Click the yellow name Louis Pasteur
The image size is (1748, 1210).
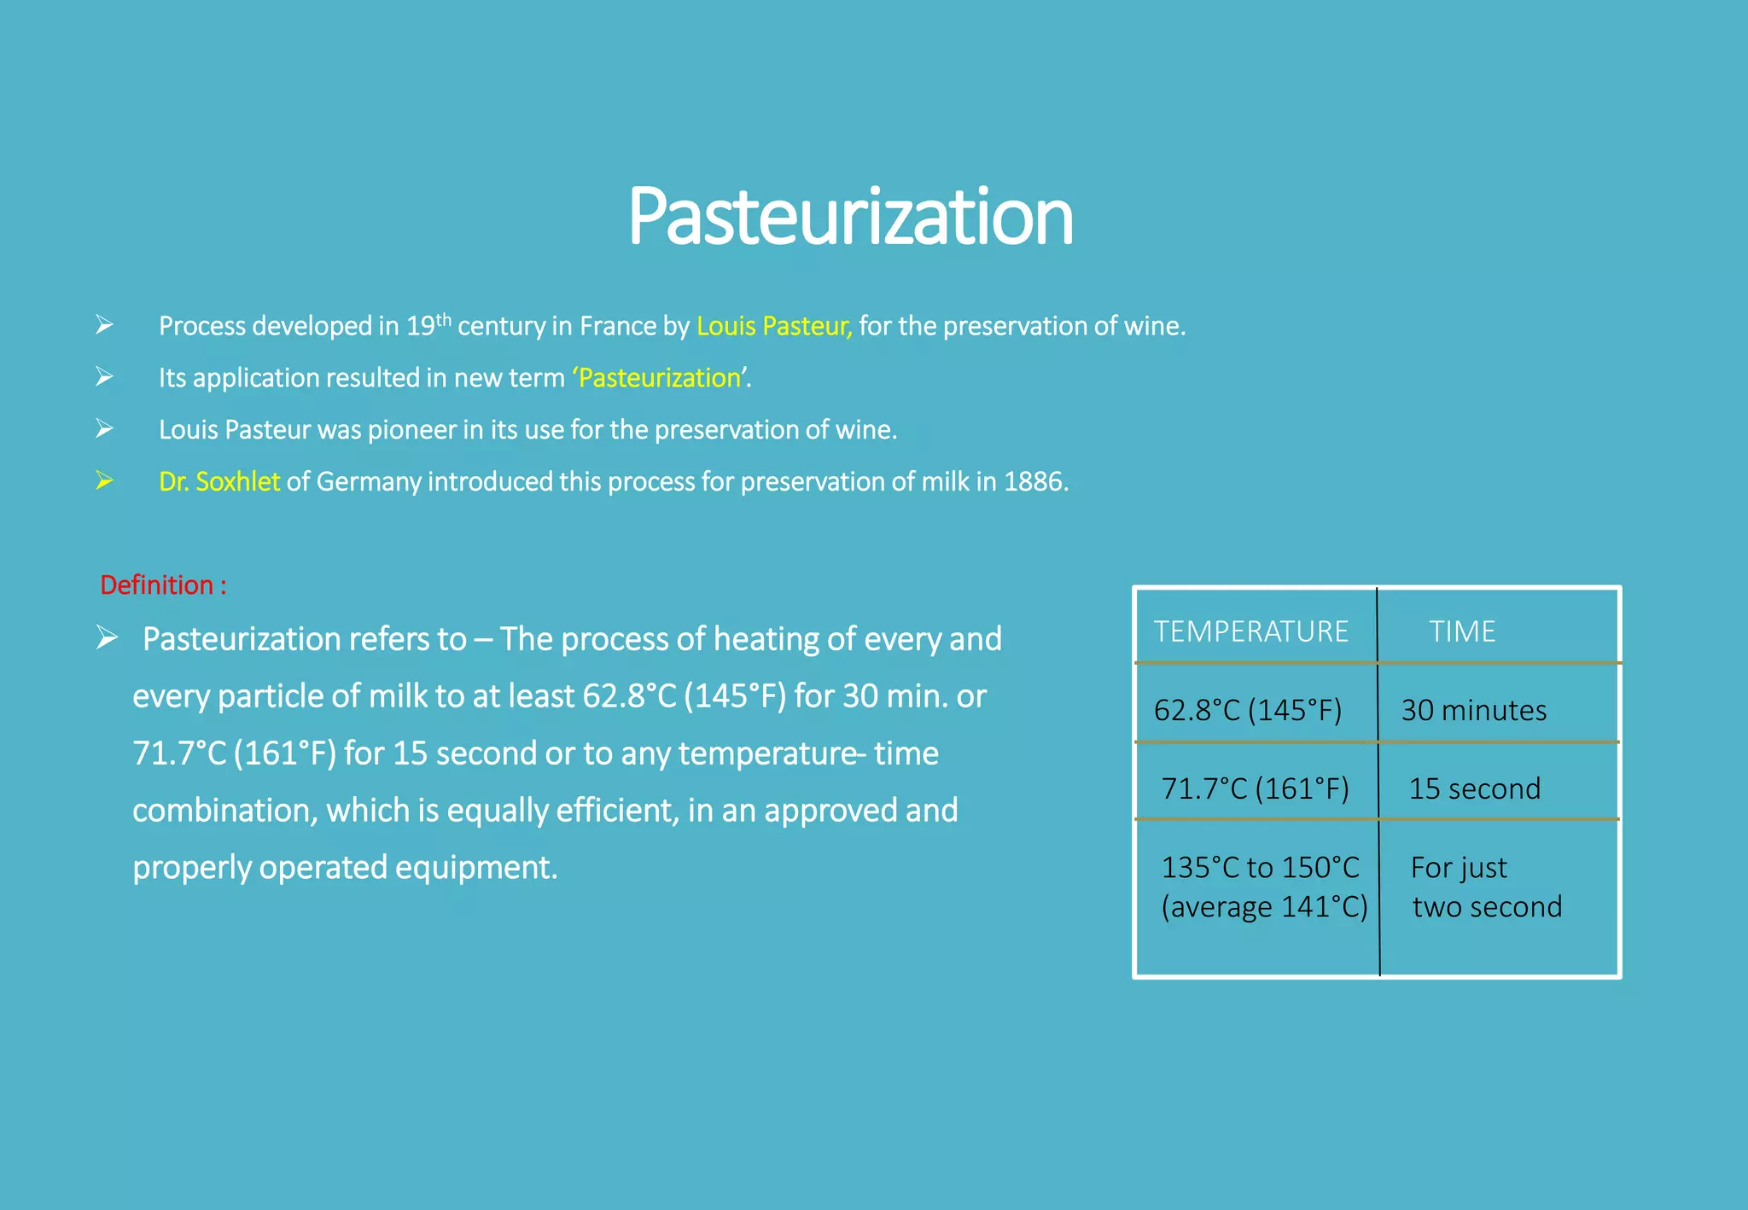click(773, 326)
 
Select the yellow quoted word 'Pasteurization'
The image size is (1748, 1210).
click(660, 378)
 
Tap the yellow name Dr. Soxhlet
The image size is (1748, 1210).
click(219, 482)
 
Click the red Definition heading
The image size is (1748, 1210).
click(163, 585)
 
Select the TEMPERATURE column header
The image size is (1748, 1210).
click(1251, 631)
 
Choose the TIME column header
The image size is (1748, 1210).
click(1462, 631)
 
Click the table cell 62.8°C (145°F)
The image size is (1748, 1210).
click(1248, 710)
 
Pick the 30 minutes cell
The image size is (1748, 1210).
click(1473, 710)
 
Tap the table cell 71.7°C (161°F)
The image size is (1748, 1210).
click(1255, 788)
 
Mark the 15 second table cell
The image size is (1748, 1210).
click(1474, 788)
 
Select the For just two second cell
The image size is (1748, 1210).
click(1486, 887)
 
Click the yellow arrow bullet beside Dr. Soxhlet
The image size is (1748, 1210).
click(104, 480)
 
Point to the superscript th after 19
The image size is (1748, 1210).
click(443, 320)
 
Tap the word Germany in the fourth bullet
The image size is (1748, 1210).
click(369, 482)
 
